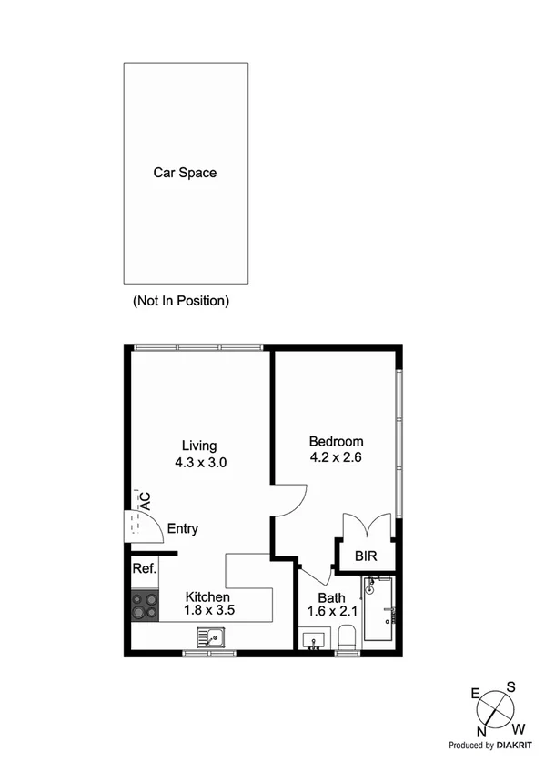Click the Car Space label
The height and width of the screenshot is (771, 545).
(185, 172)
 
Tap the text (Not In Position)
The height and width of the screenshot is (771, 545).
(181, 300)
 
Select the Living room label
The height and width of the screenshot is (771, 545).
(199, 446)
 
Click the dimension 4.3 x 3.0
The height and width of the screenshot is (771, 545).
(200, 462)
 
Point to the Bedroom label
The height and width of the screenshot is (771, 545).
(337, 441)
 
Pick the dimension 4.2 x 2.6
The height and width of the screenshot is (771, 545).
(337, 457)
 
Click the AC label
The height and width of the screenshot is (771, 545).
(144, 501)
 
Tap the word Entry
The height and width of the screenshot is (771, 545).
(182, 528)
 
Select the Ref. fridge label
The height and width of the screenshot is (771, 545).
(145, 569)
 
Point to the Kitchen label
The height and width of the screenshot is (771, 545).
(209, 596)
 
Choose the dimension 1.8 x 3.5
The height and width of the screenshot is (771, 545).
(210, 611)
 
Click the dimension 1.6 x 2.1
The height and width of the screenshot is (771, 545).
(330, 613)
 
